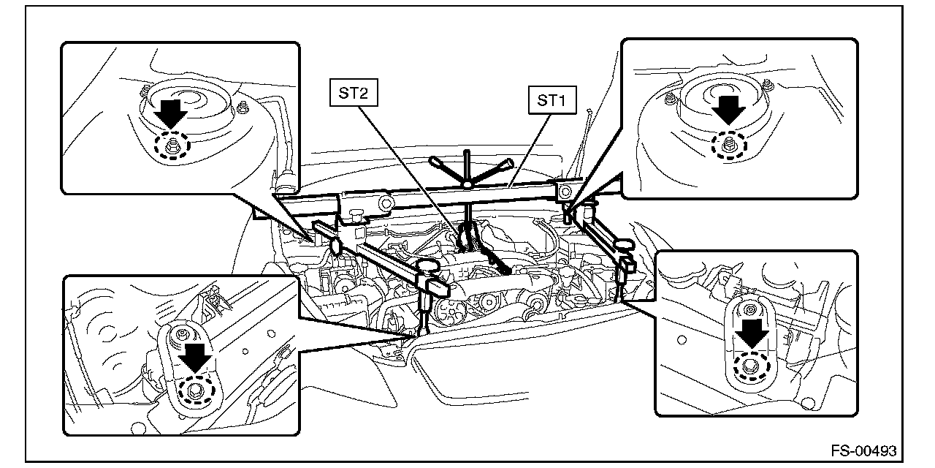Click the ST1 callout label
(x=552, y=100)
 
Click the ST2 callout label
(x=354, y=92)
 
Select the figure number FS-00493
(x=863, y=451)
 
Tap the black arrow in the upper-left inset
(x=170, y=113)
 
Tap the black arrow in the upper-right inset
(x=728, y=110)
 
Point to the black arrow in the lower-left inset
(x=195, y=358)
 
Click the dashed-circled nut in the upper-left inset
(x=172, y=146)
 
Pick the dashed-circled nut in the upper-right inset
(x=729, y=145)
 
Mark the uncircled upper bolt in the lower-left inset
(x=182, y=333)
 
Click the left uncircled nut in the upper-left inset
(x=145, y=89)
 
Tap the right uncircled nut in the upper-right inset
(x=767, y=86)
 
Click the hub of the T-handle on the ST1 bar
(x=467, y=184)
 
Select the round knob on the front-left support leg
(x=427, y=265)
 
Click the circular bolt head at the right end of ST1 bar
(x=565, y=192)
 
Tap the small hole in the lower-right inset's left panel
(x=682, y=340)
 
